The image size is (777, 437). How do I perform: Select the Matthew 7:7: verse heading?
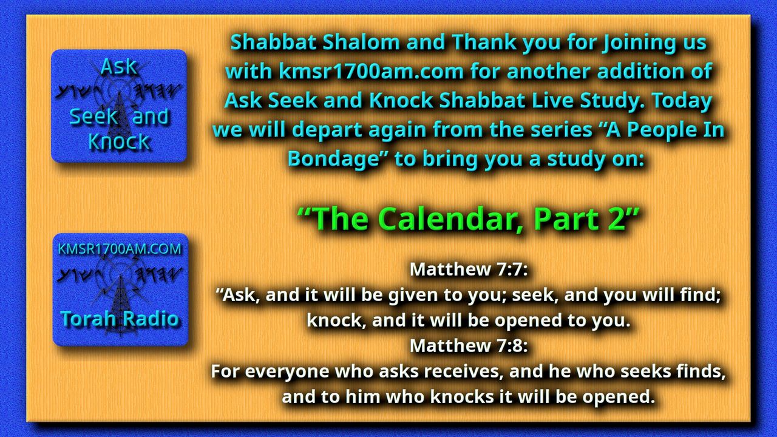[469, 269]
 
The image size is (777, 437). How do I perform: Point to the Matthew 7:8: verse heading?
[469, 345]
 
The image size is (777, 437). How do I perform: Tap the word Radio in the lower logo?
[149, 319]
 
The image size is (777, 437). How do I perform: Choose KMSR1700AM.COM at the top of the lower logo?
[120, 249]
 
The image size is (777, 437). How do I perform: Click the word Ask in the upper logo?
[118, 67]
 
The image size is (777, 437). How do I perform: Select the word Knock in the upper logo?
[119, 141]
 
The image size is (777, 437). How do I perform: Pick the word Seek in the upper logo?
[93, 117]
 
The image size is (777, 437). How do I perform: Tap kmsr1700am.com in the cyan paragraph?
[372, 72]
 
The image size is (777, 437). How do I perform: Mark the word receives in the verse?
[464, 371]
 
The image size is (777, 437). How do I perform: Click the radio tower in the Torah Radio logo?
[120, 305]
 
